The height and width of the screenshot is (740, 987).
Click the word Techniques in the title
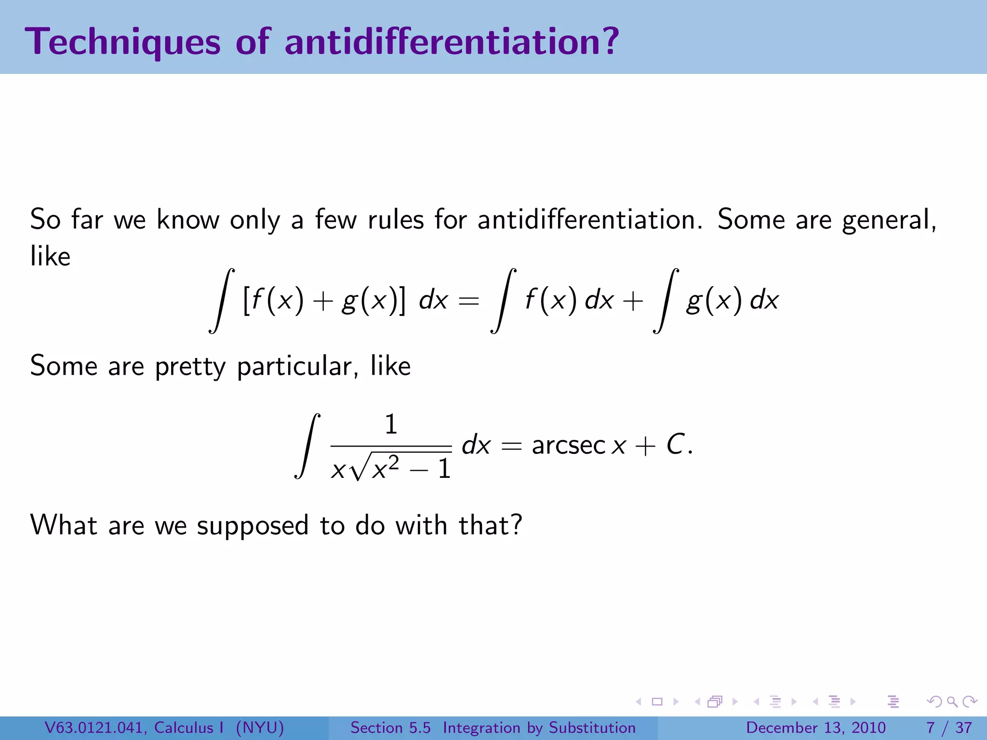point(123,42)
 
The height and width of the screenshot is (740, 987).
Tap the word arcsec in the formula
point(568,445)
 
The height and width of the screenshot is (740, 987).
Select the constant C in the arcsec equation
point(676,444)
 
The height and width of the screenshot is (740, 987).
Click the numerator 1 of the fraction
point(391,424)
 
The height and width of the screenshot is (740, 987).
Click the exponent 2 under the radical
point(394,462)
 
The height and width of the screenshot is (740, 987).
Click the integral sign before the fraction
point(307,446)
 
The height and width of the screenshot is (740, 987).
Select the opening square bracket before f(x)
point(246,300)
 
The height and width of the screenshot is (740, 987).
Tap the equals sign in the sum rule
point(468,301)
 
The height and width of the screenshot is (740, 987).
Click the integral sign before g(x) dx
point(666,301)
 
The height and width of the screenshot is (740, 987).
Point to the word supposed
point(253,525)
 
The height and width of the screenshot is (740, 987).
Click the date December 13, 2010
point(815,727)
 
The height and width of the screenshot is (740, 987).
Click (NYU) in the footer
point(260,727)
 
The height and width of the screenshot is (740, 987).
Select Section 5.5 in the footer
point(390,727)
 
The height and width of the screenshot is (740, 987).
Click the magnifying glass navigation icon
point(952,702)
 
